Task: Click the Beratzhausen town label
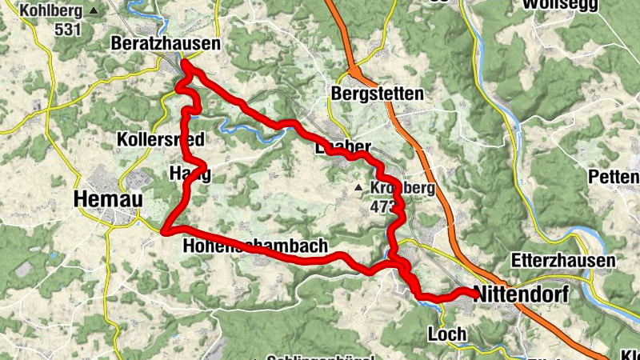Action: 166,44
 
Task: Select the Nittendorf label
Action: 521,294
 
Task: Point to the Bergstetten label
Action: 377,94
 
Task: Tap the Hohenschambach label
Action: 255,246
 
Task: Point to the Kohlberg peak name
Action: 53,11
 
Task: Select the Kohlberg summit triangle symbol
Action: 94,11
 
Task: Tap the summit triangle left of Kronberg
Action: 358,189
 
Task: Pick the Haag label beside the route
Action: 190,174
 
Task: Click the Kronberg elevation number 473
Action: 384,206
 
